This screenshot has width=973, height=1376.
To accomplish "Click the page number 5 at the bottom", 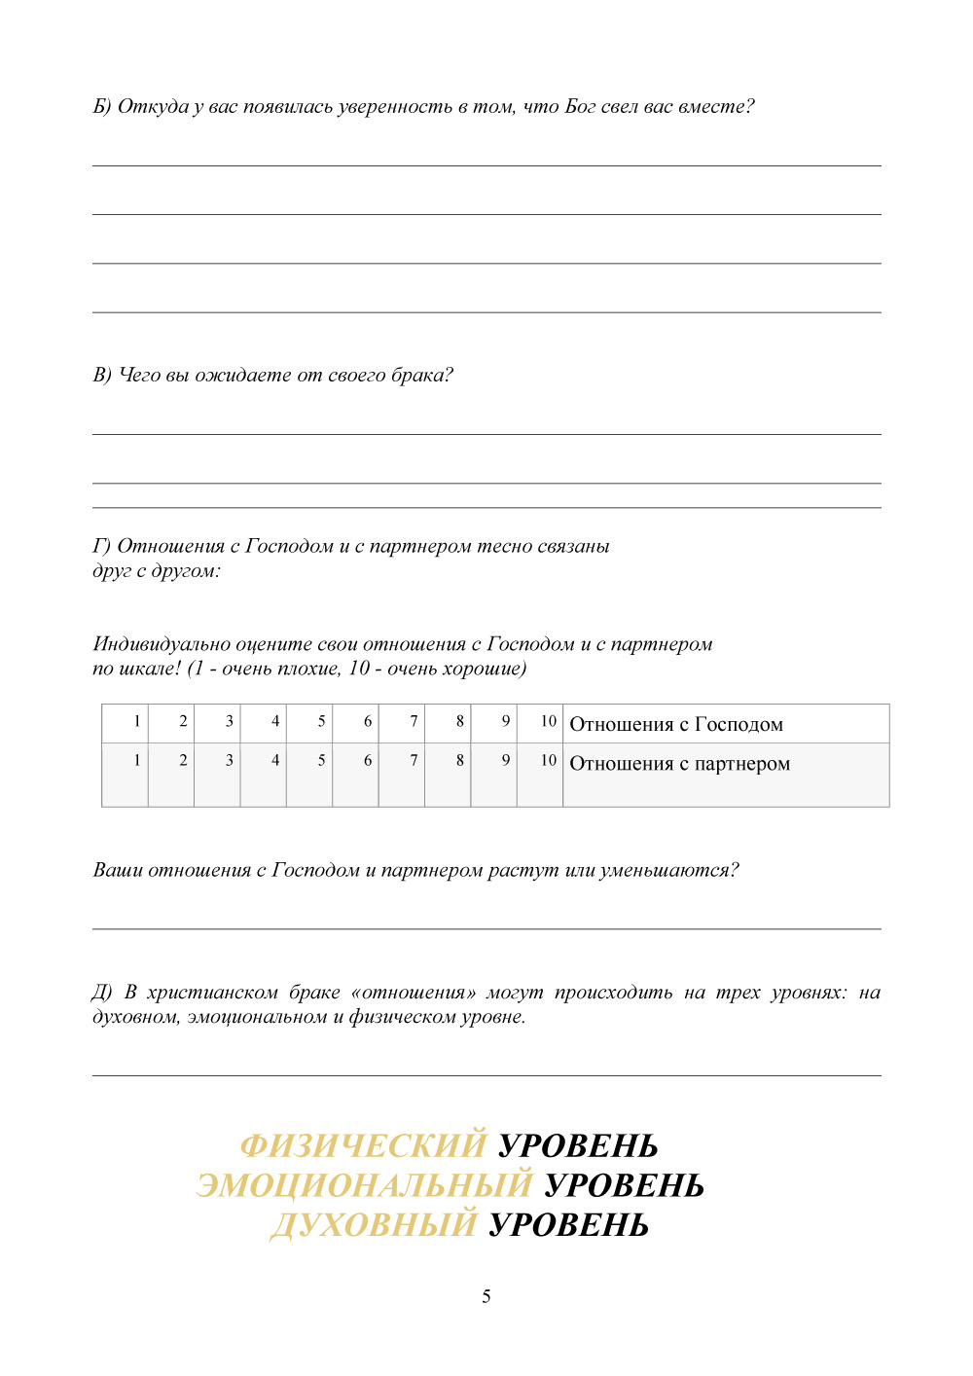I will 486,1296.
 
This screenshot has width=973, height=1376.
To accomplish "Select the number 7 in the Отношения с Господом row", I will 414,721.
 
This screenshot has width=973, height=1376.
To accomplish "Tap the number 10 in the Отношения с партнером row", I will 549,760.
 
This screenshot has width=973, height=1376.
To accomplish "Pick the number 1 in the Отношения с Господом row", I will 137,721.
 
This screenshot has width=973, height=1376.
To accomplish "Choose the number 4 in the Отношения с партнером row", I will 275,760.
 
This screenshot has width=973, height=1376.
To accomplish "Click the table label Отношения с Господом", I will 676,724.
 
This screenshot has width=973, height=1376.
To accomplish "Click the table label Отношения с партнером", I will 679,764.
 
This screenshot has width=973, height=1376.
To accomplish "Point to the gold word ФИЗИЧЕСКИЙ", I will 363,1145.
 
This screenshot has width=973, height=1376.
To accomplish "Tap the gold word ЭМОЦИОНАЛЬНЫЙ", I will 364,1185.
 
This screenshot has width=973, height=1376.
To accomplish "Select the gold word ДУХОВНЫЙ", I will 374,1224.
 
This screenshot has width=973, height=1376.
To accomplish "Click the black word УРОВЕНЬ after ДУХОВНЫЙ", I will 568,1224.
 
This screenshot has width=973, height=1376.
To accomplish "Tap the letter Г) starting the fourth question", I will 102,546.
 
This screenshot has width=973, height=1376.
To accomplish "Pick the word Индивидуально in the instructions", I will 162,644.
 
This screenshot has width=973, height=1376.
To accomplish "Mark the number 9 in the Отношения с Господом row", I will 505,721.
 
